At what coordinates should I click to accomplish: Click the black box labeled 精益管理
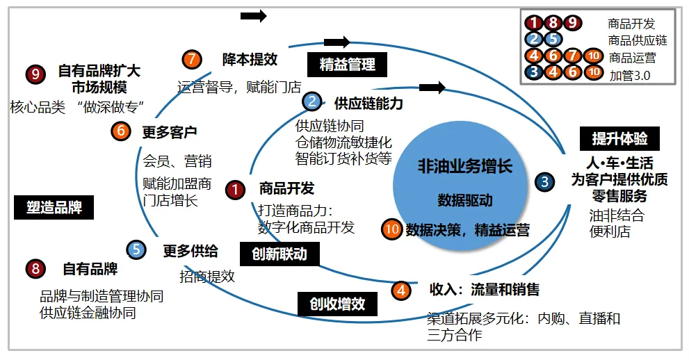coord(347,65)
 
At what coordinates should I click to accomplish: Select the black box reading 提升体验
coord(619,139)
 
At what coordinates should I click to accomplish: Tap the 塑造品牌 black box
coord(54,207)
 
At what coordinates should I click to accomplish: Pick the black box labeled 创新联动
coord(279,254)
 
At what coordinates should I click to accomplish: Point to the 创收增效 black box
coord(337,304)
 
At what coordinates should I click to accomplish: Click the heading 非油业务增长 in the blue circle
coord(464,166)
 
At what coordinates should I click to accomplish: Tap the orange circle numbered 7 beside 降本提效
coord(192,59)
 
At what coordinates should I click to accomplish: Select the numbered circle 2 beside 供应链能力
coord(312,102)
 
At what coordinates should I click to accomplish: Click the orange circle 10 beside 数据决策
coord(392,229)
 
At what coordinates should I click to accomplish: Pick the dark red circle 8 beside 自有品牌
coord(35,269)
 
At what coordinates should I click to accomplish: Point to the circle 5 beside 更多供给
coord(137,250)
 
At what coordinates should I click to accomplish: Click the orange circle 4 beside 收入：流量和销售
coord(401,290)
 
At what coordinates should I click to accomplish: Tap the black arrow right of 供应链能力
coord(432,88)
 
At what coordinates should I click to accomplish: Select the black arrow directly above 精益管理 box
coord(337,42)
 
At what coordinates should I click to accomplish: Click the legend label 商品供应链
coord(637,40)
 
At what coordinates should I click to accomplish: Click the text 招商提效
coord(206,276)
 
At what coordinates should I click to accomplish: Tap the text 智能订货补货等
coord(343,158)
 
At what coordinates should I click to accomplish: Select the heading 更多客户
coord(169,131)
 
